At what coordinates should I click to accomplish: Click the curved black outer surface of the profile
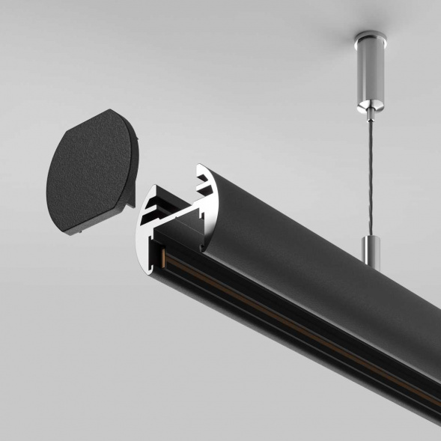[299, 247]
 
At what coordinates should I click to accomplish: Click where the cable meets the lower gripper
[371, 238]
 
